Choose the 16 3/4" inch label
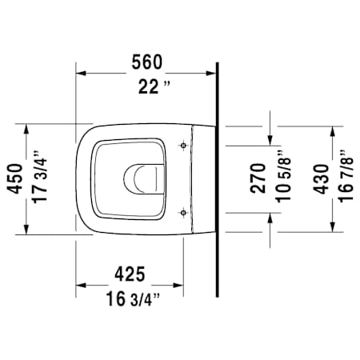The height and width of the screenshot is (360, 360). click(128, 300)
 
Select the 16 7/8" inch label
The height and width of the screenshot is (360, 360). click(345, 180)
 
